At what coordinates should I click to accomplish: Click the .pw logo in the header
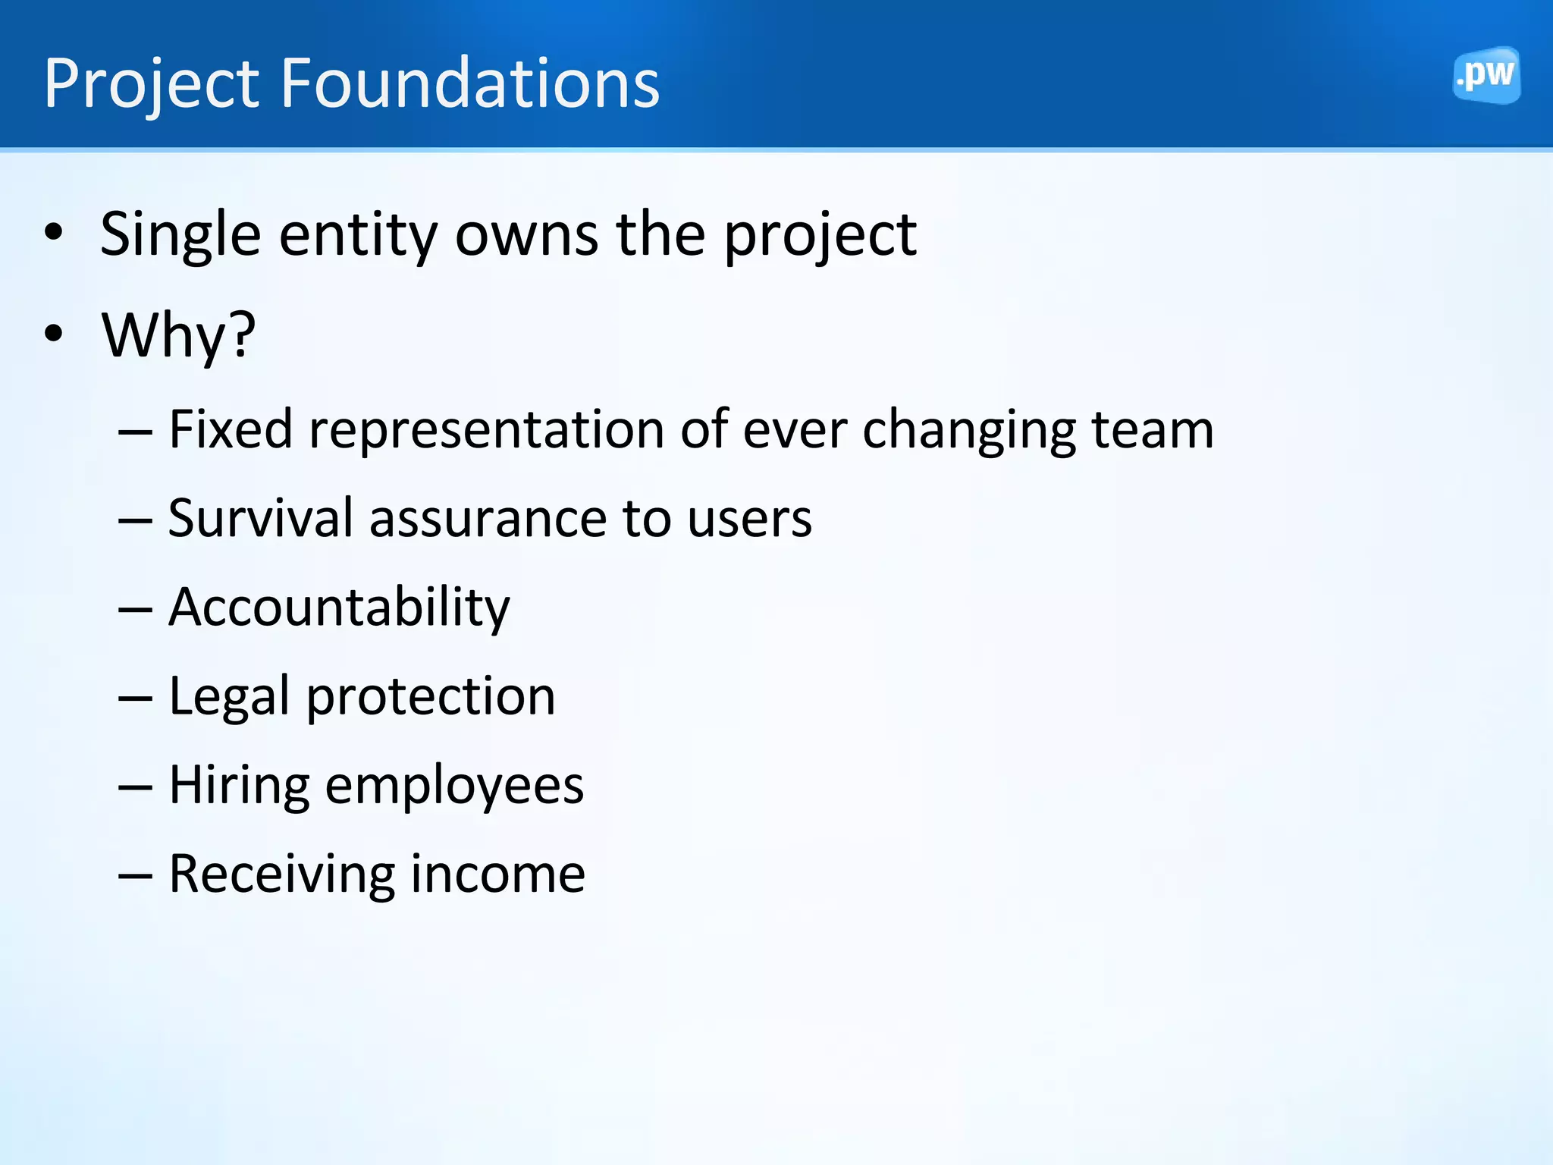click(1486, 74)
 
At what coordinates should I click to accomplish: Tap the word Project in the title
click(152, 85)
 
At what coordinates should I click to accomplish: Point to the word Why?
click(178, 335)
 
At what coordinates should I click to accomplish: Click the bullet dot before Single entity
click(53, 232)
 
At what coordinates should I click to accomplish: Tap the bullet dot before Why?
click(53, 334)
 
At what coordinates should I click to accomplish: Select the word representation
click(486, 430)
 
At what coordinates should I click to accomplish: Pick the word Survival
click(260, 519)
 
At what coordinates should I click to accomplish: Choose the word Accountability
click(339, 608)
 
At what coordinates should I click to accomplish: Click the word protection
click(430, 697)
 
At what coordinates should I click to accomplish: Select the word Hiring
click(239, 786)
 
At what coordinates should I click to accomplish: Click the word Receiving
click(281, 875)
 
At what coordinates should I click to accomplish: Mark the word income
click(497, 875)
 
